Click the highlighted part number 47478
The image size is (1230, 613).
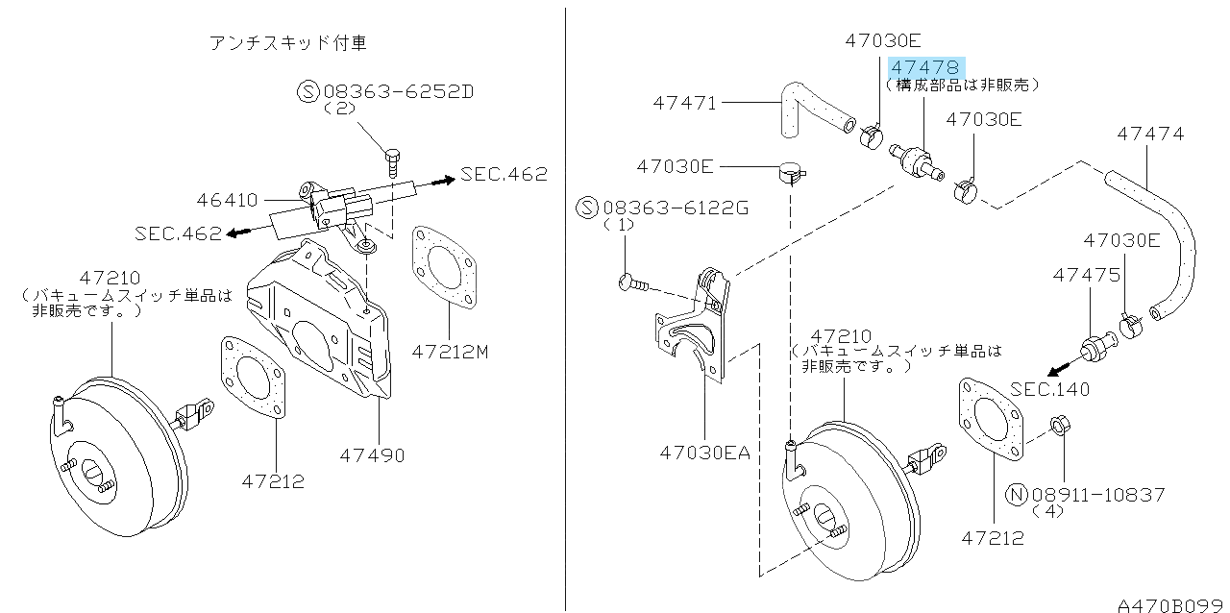point(925,67)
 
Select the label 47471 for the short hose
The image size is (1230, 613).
point(685,102)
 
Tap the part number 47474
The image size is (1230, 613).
point(1150,135)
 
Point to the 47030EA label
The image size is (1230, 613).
point(704,452)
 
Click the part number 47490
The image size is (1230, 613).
point(371,454)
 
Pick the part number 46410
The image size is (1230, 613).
point(227,200)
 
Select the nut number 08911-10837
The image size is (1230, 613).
point(1098,494)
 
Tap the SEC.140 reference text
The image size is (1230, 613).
point(1050,389)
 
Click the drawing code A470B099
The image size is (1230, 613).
point(1171,604)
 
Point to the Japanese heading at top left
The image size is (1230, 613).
point(288,42)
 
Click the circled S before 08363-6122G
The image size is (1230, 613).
point(587,207)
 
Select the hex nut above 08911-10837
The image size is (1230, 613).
point(1058,424)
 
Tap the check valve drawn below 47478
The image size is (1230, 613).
point(917,160)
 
